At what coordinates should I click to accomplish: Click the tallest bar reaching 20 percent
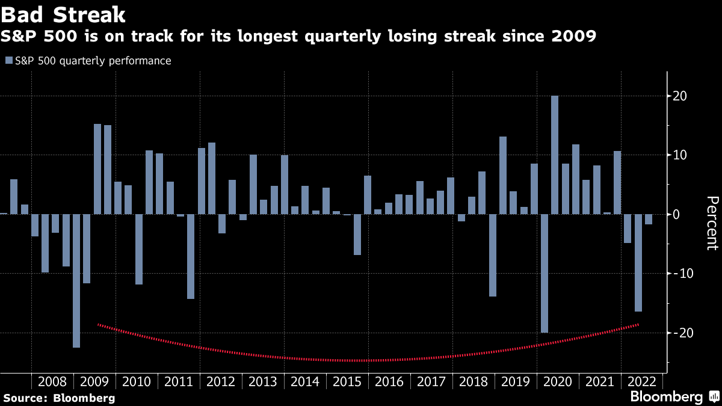click(554, 155)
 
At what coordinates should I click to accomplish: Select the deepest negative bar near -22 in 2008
click(76, 280)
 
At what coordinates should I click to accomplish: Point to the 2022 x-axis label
click(642, 381)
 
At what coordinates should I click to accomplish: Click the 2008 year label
click(52, 381)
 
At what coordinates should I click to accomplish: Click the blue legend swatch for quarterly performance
click(8, 60)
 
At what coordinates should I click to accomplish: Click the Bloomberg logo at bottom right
click(674, 396)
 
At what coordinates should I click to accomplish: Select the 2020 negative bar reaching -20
click(545, 273)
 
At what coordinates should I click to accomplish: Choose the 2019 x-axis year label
click(516, 381)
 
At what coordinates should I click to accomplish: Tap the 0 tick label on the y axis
click(677, 214)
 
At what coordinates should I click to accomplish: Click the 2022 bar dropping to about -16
click(638, 262)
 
